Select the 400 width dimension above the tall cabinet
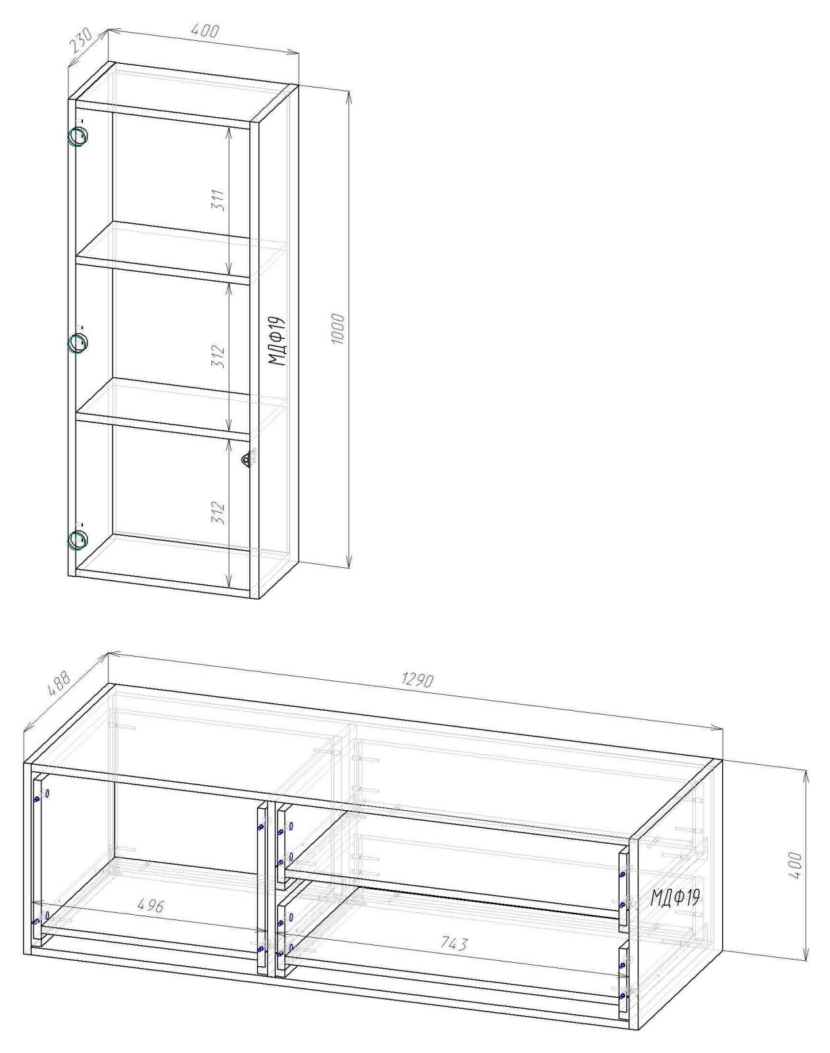(205, 30)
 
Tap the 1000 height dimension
(338, 328)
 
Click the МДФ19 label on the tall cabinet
(277, 341)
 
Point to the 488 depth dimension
(60, 683)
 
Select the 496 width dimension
(150, 906)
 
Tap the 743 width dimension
(453, 943)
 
